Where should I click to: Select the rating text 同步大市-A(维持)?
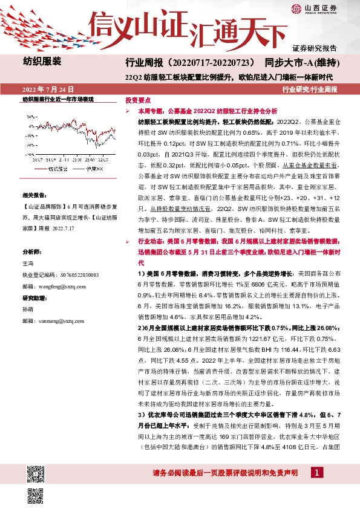(306, 63)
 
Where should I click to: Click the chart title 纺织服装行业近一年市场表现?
(58, 98)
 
